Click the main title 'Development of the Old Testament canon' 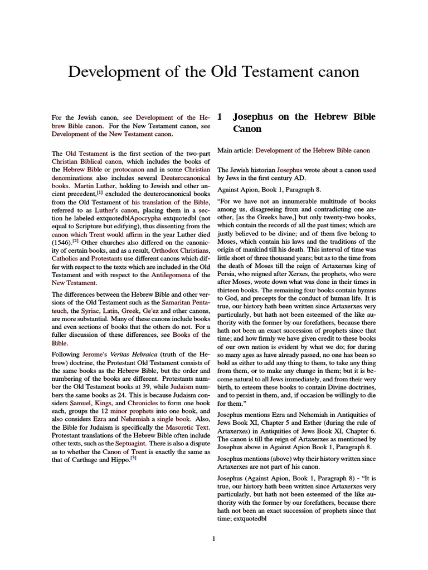[213, 72]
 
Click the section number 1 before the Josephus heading [220, 117]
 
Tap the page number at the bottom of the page [213, 538]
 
